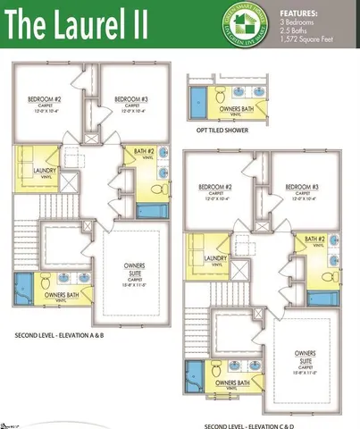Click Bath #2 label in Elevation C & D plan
[x=314, y=240]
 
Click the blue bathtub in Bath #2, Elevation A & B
[x=153, y=212]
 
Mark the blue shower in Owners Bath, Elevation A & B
[x=21, y=290]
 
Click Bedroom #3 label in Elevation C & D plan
[x=302, y=188]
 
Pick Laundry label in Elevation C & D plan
[x=215, y=259]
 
